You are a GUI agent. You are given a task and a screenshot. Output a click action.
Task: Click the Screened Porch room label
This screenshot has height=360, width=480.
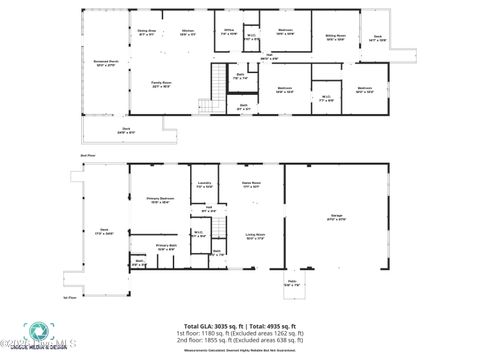103,64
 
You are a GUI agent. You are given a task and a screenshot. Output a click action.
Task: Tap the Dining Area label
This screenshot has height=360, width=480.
146,32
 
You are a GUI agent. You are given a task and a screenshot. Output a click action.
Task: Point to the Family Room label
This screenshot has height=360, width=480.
162,84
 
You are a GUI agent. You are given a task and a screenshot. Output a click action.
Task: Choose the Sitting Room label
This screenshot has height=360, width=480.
334,38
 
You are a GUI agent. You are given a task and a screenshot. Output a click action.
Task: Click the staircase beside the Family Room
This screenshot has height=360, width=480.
206,105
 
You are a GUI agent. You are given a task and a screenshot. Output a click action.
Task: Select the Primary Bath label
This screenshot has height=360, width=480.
165,246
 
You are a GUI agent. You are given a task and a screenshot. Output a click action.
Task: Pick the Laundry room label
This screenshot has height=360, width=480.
203,184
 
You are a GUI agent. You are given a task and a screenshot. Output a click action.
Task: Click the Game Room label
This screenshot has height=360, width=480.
251,184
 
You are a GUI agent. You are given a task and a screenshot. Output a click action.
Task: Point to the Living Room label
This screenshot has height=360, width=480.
255,236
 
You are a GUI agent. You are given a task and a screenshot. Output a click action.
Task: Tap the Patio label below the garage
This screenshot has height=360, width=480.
293,284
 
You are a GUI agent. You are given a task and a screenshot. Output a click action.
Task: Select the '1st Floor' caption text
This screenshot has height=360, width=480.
69,297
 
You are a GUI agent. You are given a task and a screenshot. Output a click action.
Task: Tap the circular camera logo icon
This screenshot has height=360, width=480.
35,333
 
